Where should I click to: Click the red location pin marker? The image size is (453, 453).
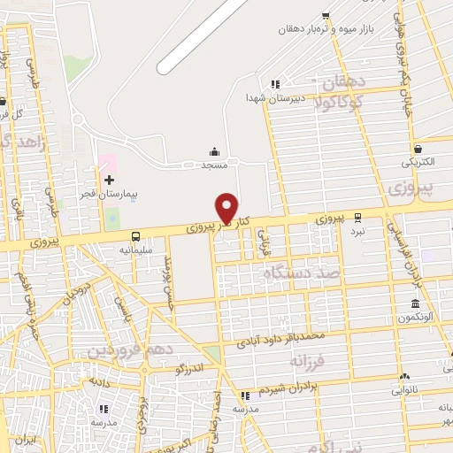point(226,208)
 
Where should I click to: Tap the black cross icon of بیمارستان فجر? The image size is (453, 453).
point(110,180)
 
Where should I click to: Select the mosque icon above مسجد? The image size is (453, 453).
point(214,151)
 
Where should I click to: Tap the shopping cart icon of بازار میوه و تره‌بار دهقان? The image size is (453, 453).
point(326,16)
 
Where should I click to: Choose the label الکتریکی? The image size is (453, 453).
point(418,163)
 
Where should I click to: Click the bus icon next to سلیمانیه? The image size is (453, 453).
point(135,236)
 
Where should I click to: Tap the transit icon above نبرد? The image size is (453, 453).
point(357,216)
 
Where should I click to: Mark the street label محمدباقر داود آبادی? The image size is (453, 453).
point(280,337)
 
